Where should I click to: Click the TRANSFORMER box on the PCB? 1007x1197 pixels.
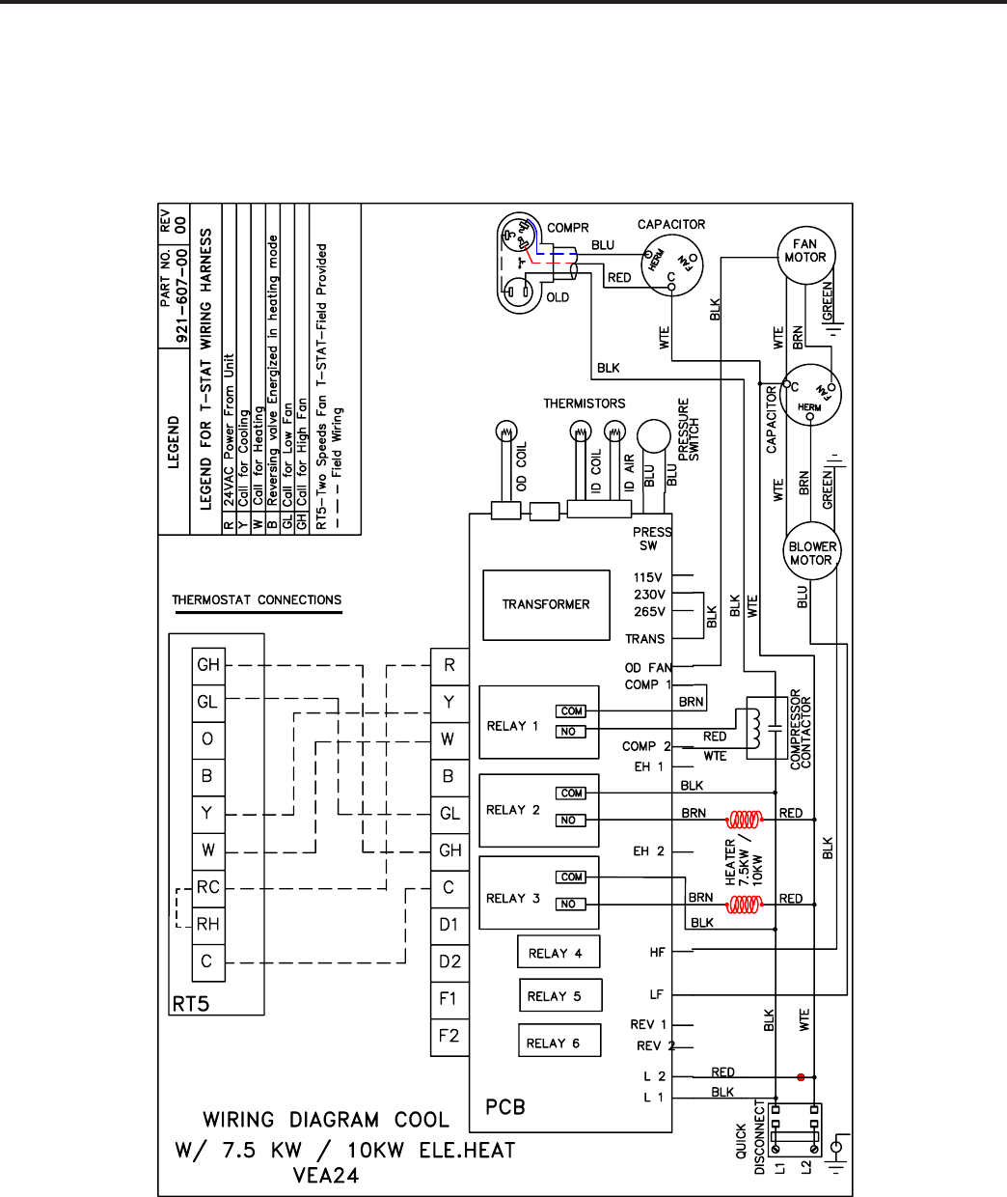[x=546, y=604]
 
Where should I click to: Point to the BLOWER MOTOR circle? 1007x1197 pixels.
[x=812, y=553]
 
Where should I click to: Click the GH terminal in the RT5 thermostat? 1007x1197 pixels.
[x=208, y=665]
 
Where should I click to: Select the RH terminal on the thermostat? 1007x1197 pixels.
[x=208, y=925]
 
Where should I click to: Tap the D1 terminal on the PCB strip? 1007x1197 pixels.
[x=449, y=925]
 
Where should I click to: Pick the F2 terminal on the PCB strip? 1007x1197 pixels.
[x=449, y=1036]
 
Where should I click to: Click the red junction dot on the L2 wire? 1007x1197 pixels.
[x=801, y=1076]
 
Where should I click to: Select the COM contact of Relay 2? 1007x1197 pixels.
[x=572, y=793]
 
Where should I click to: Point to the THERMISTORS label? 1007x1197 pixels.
[x=584, y=404]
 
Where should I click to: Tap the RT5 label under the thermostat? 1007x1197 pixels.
[x=191, y=1004]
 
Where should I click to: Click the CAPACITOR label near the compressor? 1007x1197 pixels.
[x=671, y=224]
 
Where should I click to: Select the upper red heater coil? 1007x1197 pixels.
[x=745, y=821]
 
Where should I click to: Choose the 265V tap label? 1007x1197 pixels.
[x=648, y=612]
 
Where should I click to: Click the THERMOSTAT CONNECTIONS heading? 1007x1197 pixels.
[x=257, y=600]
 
